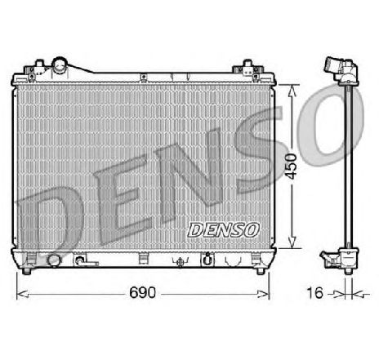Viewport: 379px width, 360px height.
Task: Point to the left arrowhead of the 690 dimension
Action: (x=22, y=291)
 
